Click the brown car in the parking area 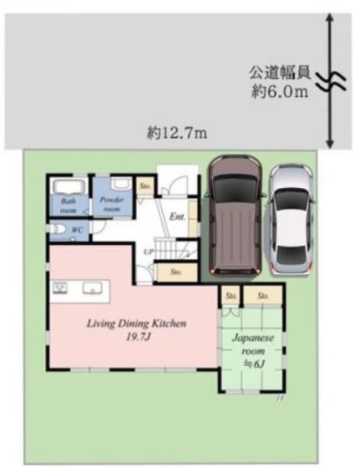(x=234, y=214)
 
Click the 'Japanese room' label (x=251, y=344)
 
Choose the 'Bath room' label (x=68, y=204)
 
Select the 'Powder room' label (x=111, y=204)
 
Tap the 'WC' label (x=76, y=230)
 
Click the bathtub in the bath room (x=69, y=187)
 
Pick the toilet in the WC (x=56, y=230)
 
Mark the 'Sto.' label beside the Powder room (x=145, y=187)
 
